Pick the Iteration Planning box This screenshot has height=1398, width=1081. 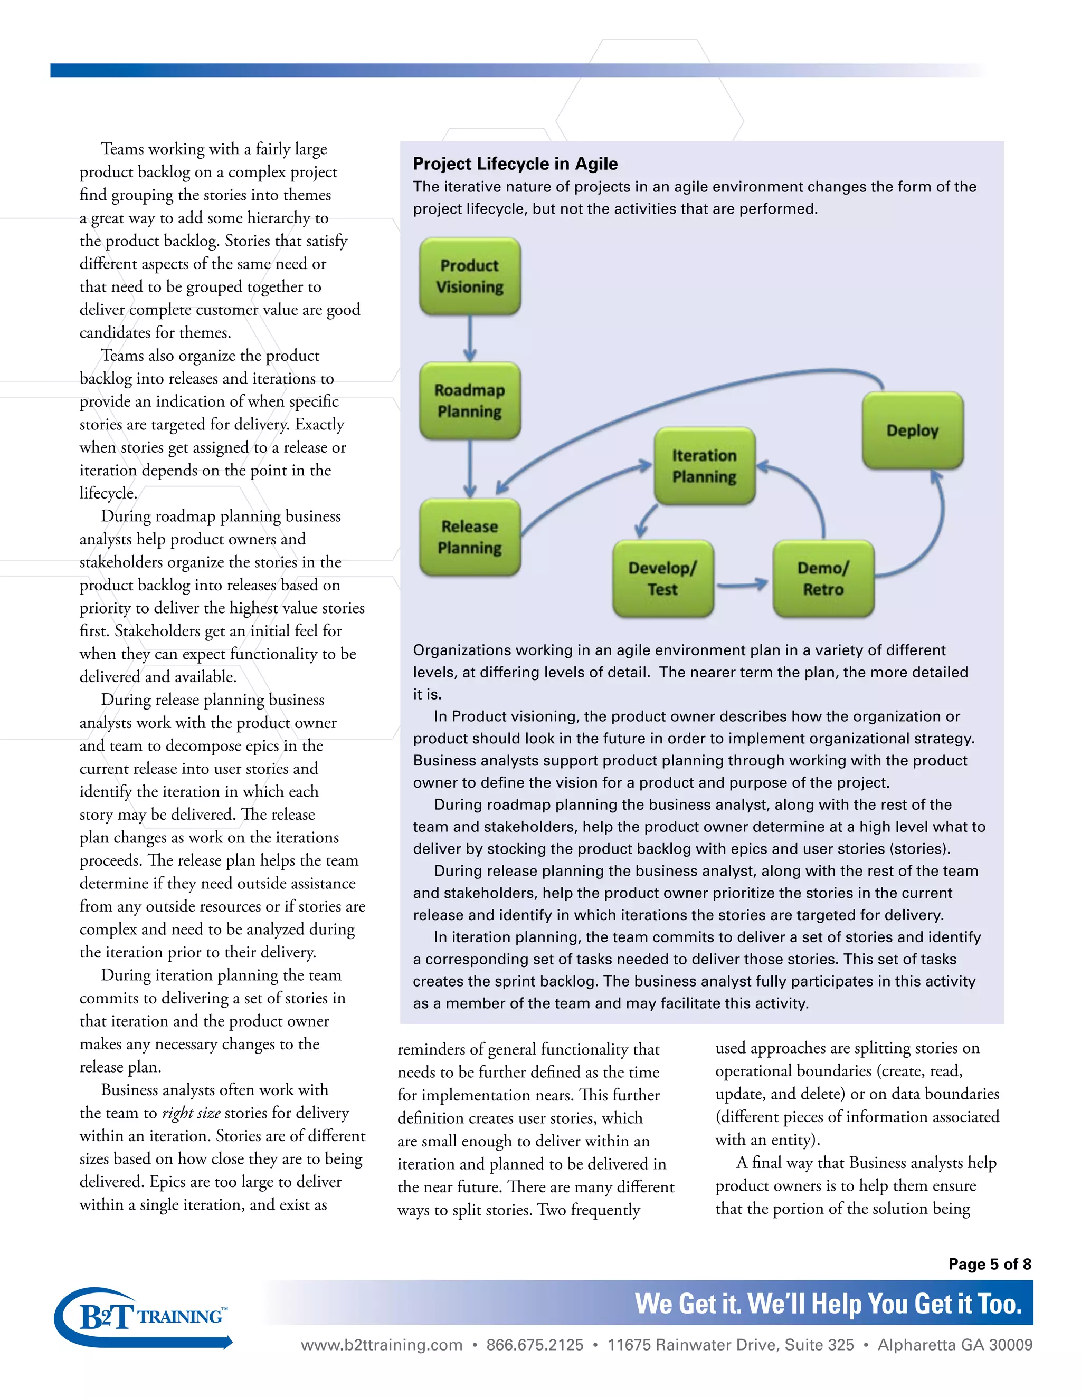click(x=705, y=465)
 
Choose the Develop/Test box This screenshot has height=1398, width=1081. click(x=663, y=578)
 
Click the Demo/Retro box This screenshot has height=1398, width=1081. click(x=823, y=578)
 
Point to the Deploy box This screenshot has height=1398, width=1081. click(x=912, y=430)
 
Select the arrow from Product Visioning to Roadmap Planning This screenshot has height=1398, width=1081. click(x=470, y=338)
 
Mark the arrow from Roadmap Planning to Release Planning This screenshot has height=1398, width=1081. click(x=470, y=468)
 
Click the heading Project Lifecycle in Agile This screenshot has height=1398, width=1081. click(x=515, y=164)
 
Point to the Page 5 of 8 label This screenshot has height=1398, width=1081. click(x=990, y=1263)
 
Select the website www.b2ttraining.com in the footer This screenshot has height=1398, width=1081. click(x=382, y=1345)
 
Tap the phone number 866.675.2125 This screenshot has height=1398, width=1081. click(x=535, y=1345)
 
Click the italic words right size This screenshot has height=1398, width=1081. click(x=191, y=1113)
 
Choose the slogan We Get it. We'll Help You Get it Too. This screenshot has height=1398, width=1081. click(x=828, y=1303)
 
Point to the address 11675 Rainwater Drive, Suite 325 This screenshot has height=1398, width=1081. click(x=731, y=1345)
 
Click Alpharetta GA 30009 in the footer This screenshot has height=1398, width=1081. click(x=955, y=1345)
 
